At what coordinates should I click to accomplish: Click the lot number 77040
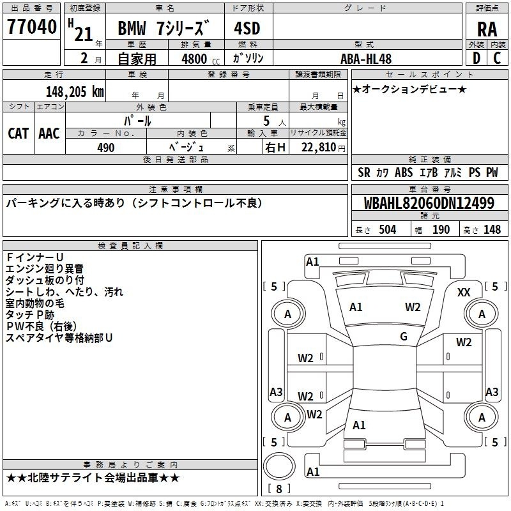31,26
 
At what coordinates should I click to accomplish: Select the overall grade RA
487,29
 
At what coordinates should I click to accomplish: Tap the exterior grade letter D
476,58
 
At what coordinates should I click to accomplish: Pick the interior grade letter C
497,58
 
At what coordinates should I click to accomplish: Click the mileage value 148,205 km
75,91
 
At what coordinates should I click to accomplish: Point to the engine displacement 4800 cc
201,59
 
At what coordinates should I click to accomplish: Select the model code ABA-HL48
365,59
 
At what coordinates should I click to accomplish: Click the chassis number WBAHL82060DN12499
429,203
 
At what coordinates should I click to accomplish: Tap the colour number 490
105,148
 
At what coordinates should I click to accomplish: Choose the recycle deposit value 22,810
318,148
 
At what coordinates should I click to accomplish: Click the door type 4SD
247,28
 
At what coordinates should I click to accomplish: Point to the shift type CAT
19,133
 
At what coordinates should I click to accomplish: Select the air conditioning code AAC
49,133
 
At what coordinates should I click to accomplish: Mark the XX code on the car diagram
464,293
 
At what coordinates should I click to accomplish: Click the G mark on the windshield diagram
404,337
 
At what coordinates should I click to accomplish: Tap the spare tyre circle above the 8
279,466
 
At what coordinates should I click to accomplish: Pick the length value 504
388,230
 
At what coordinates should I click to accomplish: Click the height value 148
492,230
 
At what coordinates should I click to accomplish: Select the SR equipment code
364,172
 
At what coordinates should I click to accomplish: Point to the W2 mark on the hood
413,307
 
